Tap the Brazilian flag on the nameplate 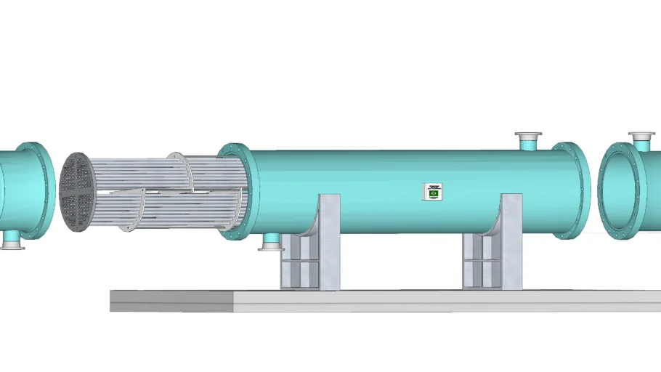434,193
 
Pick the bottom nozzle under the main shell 271,241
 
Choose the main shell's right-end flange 574,190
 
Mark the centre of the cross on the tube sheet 76,192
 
